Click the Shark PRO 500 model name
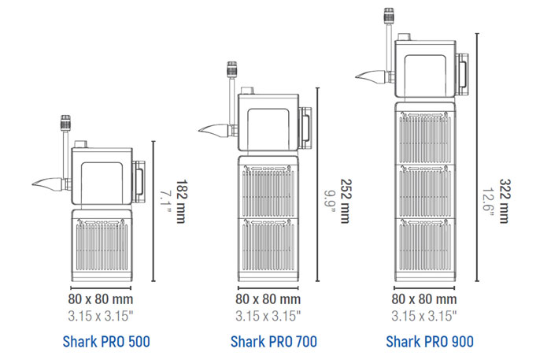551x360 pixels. point(105,341)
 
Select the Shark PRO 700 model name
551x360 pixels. point(268,341)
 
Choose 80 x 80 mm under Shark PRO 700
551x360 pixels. point(268,299)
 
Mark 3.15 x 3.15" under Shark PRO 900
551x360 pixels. point(425,315)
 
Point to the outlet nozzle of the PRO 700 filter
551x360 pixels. point(211,130)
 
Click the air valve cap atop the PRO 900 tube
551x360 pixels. point(386,15)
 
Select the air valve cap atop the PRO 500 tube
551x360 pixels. point(62,124)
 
